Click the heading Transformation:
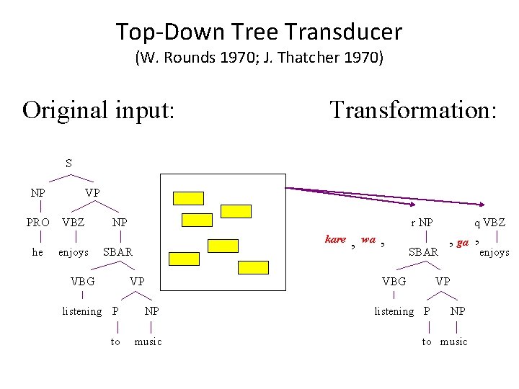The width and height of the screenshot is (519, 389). [413, 110]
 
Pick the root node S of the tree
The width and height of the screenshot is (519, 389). [68, 164]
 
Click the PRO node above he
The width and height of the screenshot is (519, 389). [38, 223]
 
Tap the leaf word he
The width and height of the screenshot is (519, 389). [38, 252]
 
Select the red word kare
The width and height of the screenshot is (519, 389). [335, 239]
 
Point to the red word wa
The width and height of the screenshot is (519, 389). [368, 239]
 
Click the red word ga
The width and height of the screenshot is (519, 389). [463, 243]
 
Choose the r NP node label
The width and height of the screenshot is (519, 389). [422, 223]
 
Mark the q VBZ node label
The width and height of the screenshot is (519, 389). [489, 223]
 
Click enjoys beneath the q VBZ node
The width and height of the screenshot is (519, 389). [494, 252]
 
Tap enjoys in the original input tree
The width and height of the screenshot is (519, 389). [74, 252]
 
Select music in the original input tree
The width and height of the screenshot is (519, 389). [148, 341]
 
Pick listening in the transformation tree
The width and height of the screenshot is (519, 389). [394, 311]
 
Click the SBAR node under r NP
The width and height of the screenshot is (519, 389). [423, 252]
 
